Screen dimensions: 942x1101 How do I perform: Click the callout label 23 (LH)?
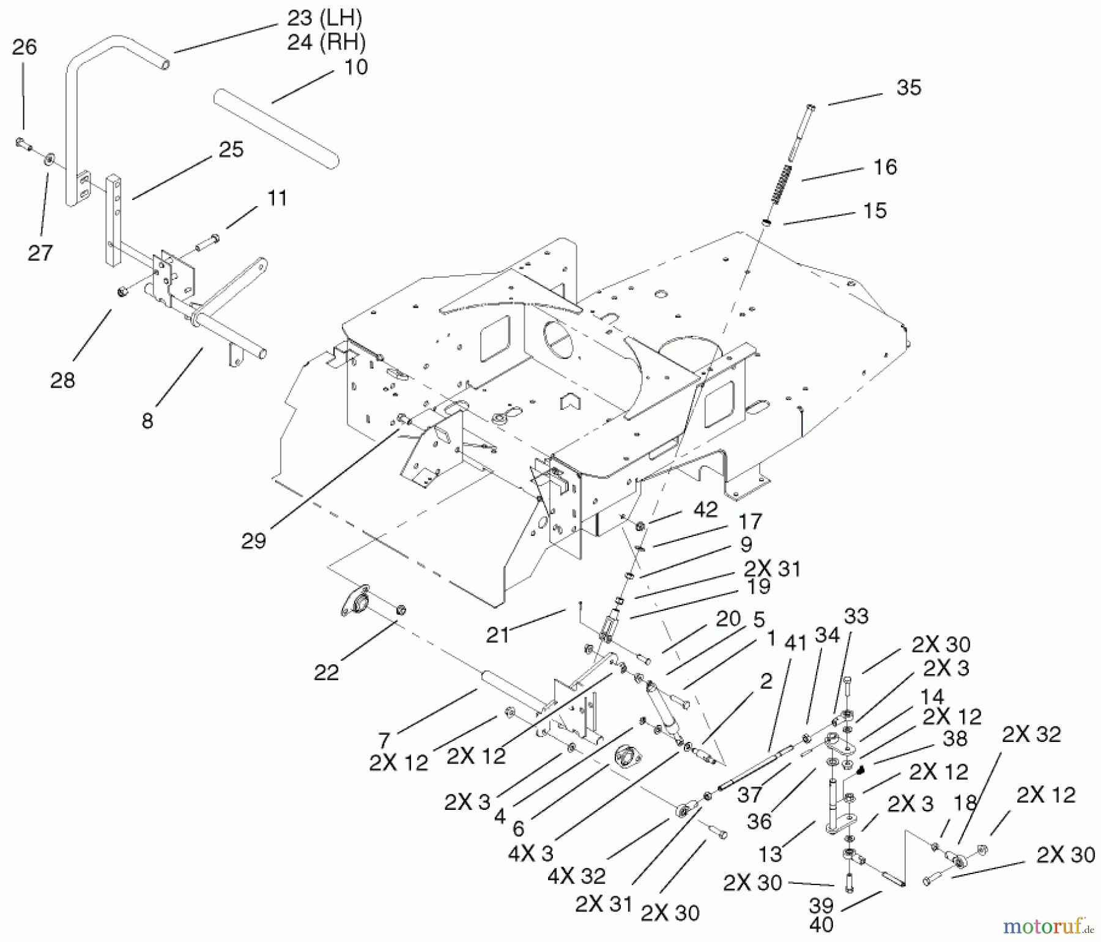pyautogui.click(x=326, y=18)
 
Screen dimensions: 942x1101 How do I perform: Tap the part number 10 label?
pyautogui.click(x=355, y=67)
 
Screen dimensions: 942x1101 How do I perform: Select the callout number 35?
pyautogui.click(x=908, y=88)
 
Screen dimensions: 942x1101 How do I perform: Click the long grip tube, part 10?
pyautogui.click(x=276, y=130)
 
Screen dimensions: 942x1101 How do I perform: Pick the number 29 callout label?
pyautogui.click(x=253, y=541)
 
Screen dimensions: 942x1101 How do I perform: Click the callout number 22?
pyautogui.click(x=326, y=672)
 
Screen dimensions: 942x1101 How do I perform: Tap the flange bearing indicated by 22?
pyautogui.click(x=357, y=603)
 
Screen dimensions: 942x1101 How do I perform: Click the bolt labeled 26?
pyautogui.click(x=23, y=144)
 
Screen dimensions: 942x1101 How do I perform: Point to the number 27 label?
pyautogui.click(x=40, y=252)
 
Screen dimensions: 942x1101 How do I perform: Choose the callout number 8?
pyautogui.click(x=147, y=421)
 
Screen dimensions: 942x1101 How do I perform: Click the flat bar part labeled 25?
pyautogui.click(x=114, y=220)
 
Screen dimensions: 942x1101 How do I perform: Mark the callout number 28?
pyautogui.click(x=62, y=380)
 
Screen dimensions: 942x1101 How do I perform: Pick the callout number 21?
pyautogui.click(x=497, y=635)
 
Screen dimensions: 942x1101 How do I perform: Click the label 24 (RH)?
pyautogui.click(x=326, y=42)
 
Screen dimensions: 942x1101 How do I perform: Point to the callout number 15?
pyautogui.click(x=875, y=211)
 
